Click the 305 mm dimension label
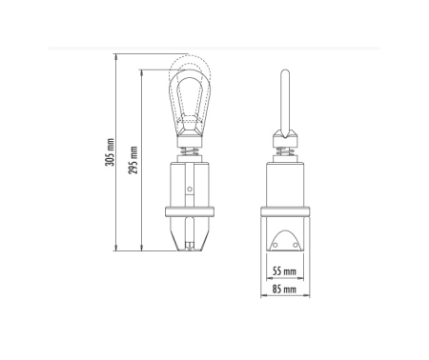coord(110,152)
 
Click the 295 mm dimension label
coord(133,160)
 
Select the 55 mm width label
coord(284,271)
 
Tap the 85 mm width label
coord(284,290)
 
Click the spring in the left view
coord(190,151)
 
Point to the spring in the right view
coord(285,151)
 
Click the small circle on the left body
coord(190,190)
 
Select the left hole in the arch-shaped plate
coord(276,245)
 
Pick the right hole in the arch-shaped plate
coord(296,245)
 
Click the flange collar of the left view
coord(190,211)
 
